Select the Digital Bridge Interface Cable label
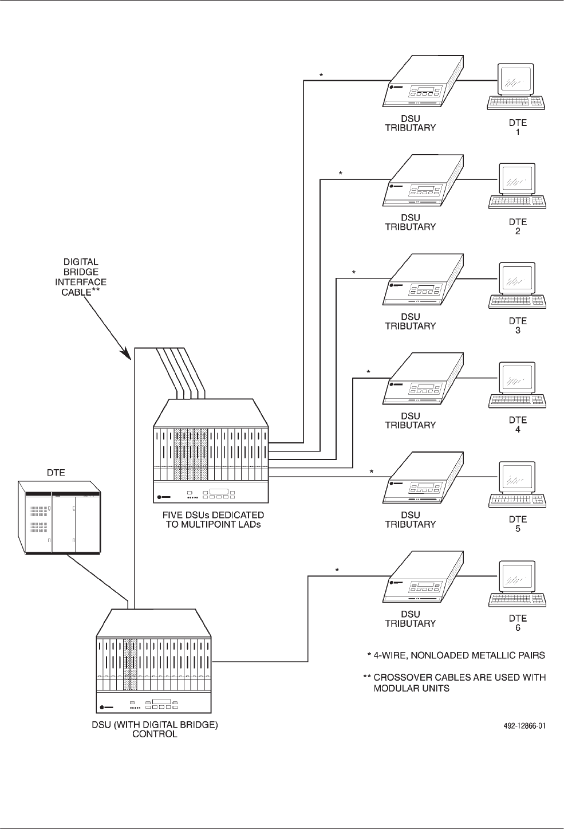pyautogui.click(x=80, y=277)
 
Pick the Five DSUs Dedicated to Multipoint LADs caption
pyautogui.click(x=213, y=520)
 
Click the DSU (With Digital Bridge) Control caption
pyautogui.click(x=155, y=729)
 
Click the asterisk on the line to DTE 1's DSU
pyautogui.click(x=321, y=76)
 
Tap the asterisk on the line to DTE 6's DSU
pyautogui.click(x=337, y=571)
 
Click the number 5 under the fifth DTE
pyautogui.click(x=518, y=529)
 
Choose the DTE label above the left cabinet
pyautogui.click(x=56, y=473)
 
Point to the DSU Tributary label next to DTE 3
pyautogui.click(x=410, y=321)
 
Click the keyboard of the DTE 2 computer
pyautogui.click(x=517, y=202)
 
